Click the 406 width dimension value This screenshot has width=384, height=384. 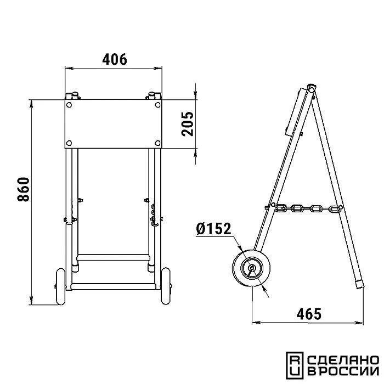click(x=115, y=59)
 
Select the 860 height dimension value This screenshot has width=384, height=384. click(x=24, y=189)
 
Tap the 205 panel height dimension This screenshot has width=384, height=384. click(x=188, y=124)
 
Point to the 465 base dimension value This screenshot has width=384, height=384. click(x=309, y=314)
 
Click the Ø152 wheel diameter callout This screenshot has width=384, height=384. click(x=213, y=229)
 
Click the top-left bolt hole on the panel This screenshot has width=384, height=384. click(x=69, y=105)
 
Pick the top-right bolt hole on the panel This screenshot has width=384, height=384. click(x=158, y=105)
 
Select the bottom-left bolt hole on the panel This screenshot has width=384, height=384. click(x=69, y=143)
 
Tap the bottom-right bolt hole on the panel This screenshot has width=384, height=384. click(x=158, y=143)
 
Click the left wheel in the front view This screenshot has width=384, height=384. click(x=61, y=286)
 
